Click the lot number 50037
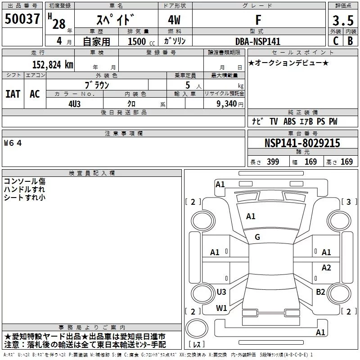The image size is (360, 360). (x=22, y=19)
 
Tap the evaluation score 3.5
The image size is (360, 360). (x=343, y=20)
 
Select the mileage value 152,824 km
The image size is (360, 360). (x=53, y=64)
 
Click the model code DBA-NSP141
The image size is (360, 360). (x=258, y=41)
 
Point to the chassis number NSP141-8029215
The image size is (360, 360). (x=302, y=143)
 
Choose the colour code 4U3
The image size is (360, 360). (x=75, y=104)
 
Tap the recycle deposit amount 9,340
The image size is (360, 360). (x=227, y=104)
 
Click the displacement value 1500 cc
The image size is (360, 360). (x=141, y=41)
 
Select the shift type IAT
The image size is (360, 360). (x=13, y=94)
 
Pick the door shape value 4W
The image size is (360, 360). (x=174, y=20)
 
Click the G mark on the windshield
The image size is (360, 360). (x=257, y=237)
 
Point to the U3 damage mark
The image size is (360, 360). (x=221, y=292)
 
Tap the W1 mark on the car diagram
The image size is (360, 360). (x=221, y=308)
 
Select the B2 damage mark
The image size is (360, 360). (x=320, y=292)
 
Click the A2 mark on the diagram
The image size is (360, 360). (x=326, y=267)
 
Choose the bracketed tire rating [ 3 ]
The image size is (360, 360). (x=349, y=202)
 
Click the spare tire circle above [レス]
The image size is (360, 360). (x=197, y=328)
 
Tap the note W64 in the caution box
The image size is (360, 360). (x=13, y=143)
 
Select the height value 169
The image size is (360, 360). (x=346, y=162)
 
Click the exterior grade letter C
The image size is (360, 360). (x=336, y=41)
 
